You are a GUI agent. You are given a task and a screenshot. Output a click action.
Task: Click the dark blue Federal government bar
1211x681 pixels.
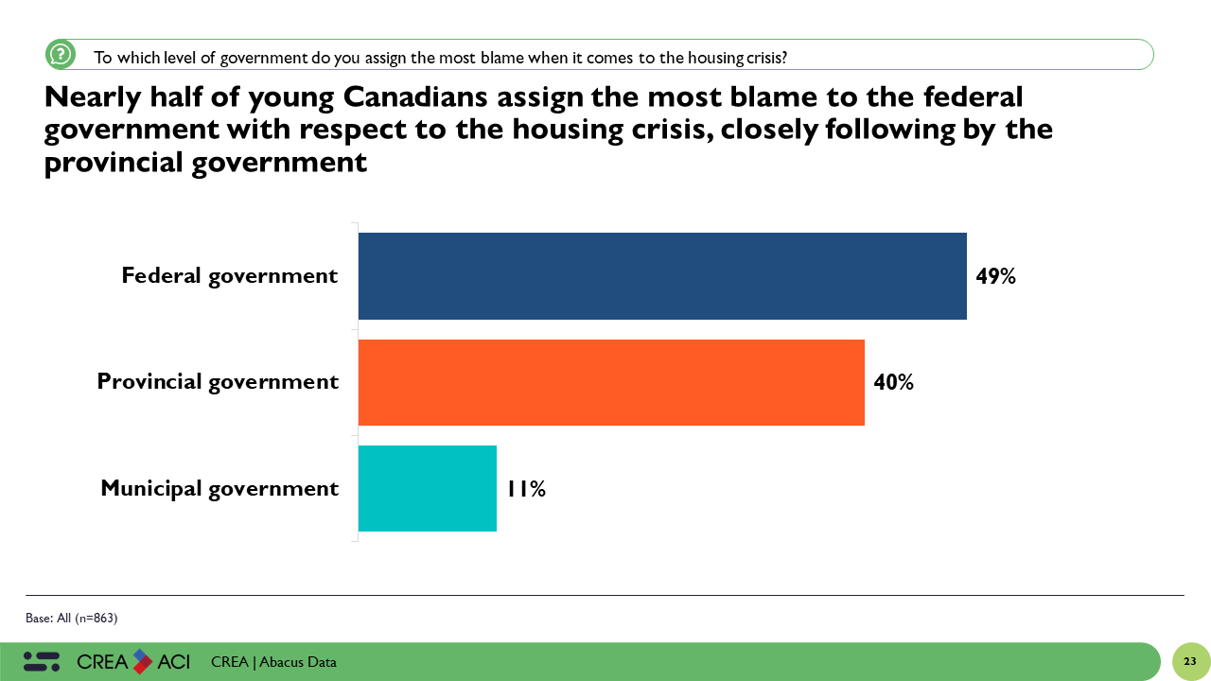(662, 276)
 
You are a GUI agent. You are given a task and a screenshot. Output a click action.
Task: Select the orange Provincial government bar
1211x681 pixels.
(611, 382)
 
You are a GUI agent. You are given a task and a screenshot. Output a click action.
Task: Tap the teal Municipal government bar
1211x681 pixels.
(428, 488)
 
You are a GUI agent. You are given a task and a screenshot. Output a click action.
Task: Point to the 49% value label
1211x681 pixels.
(995, 276)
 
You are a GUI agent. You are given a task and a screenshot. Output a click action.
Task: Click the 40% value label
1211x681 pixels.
(893, 382)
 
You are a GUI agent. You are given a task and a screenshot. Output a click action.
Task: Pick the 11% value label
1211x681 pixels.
(526, 488)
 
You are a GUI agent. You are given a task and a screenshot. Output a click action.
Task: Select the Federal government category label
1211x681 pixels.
(229, 276)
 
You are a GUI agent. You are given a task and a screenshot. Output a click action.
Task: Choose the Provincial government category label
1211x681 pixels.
(218, 382)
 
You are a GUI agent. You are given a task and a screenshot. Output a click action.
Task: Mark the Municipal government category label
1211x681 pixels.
(219, 488)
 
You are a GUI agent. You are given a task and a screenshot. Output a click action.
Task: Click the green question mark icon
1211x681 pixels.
(61, 55)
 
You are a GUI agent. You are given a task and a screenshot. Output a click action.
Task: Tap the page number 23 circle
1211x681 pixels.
(1190, 661)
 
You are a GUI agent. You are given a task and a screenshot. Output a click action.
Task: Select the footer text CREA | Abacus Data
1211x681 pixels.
(273, 662)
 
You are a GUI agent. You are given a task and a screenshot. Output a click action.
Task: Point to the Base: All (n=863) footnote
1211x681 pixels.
(71, 619)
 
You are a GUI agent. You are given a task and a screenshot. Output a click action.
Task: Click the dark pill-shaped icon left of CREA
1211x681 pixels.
(42, 661)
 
